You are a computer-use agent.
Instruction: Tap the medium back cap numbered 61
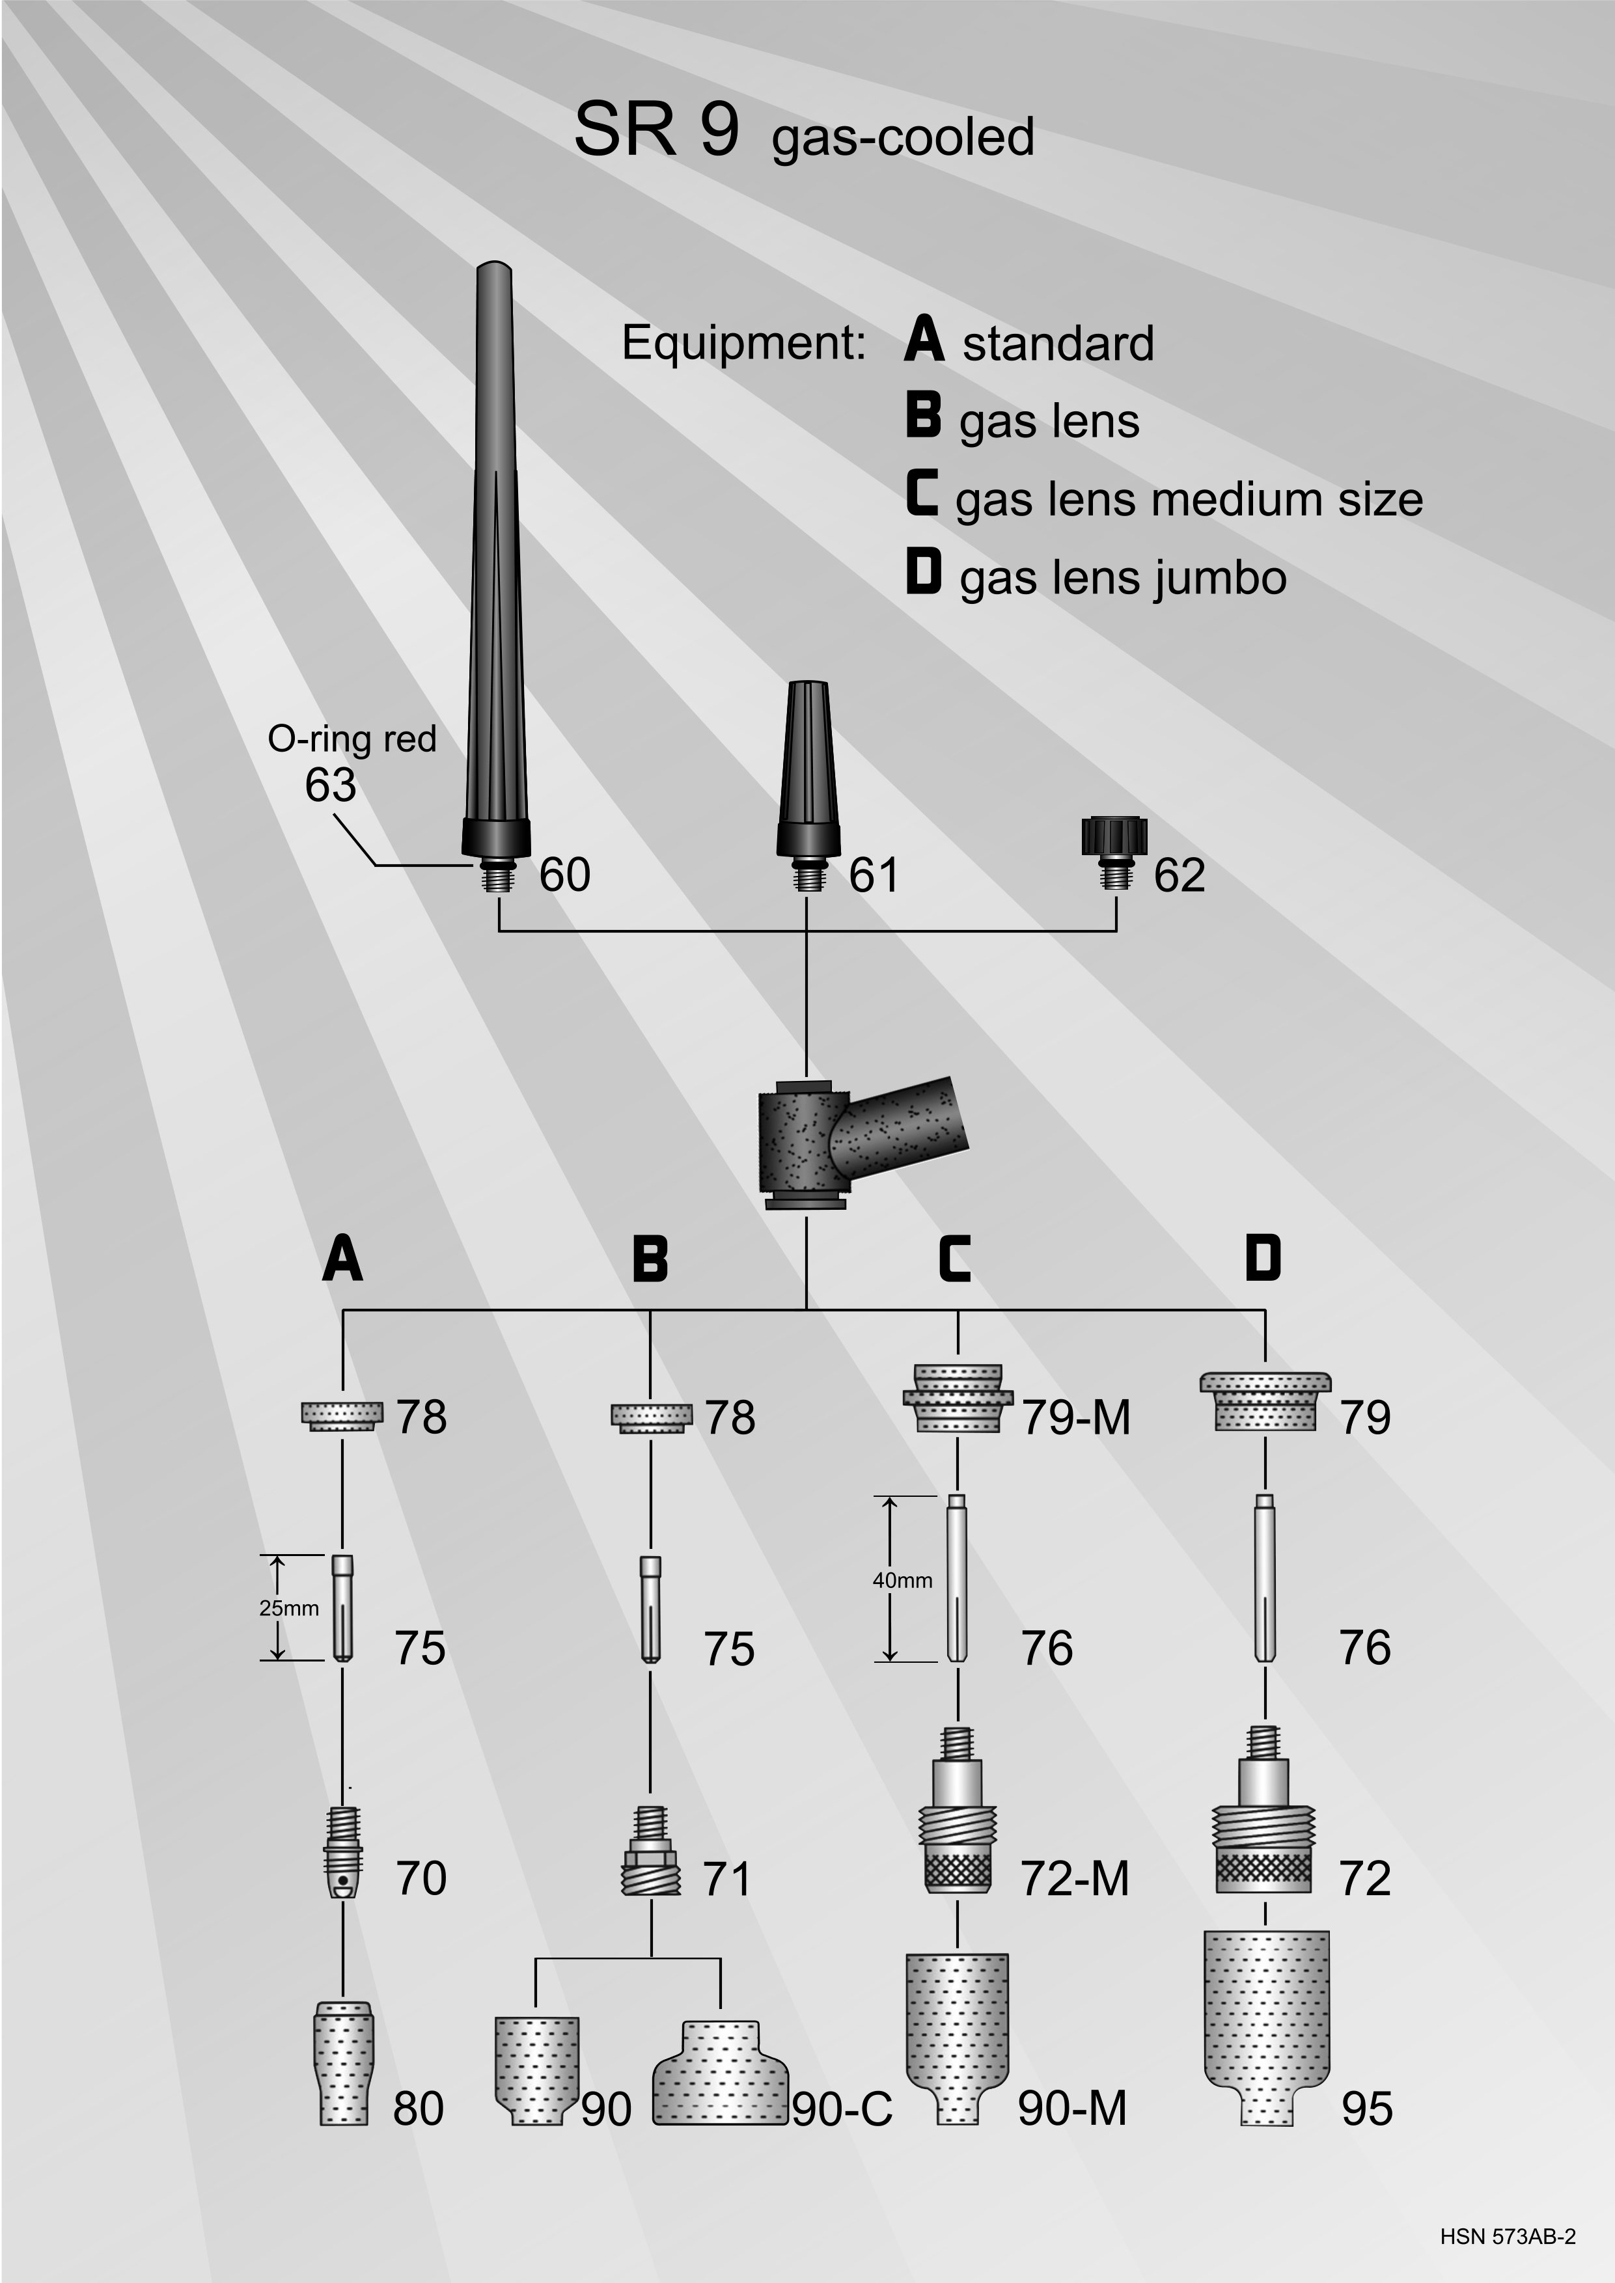[x=807, y=786]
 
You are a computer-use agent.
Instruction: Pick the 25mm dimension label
[x=288, y=1609]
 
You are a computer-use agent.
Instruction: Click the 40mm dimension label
[x=902, y=1580]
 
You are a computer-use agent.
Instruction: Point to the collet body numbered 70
[x=343, y=1852]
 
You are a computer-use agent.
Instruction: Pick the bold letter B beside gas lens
[x=923, y=416]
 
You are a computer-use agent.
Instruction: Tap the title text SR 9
[x=656, y=130]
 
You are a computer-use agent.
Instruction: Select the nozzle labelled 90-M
[x=957, y=2053]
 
